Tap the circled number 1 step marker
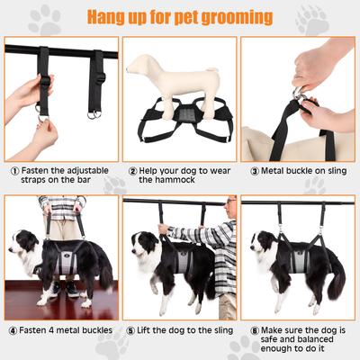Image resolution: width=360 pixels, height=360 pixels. [15, 169]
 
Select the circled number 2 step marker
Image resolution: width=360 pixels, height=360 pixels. [132, 169]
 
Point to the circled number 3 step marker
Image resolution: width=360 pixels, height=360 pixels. [254, 169]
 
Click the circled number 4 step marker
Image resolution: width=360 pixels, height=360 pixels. [13, 329]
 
